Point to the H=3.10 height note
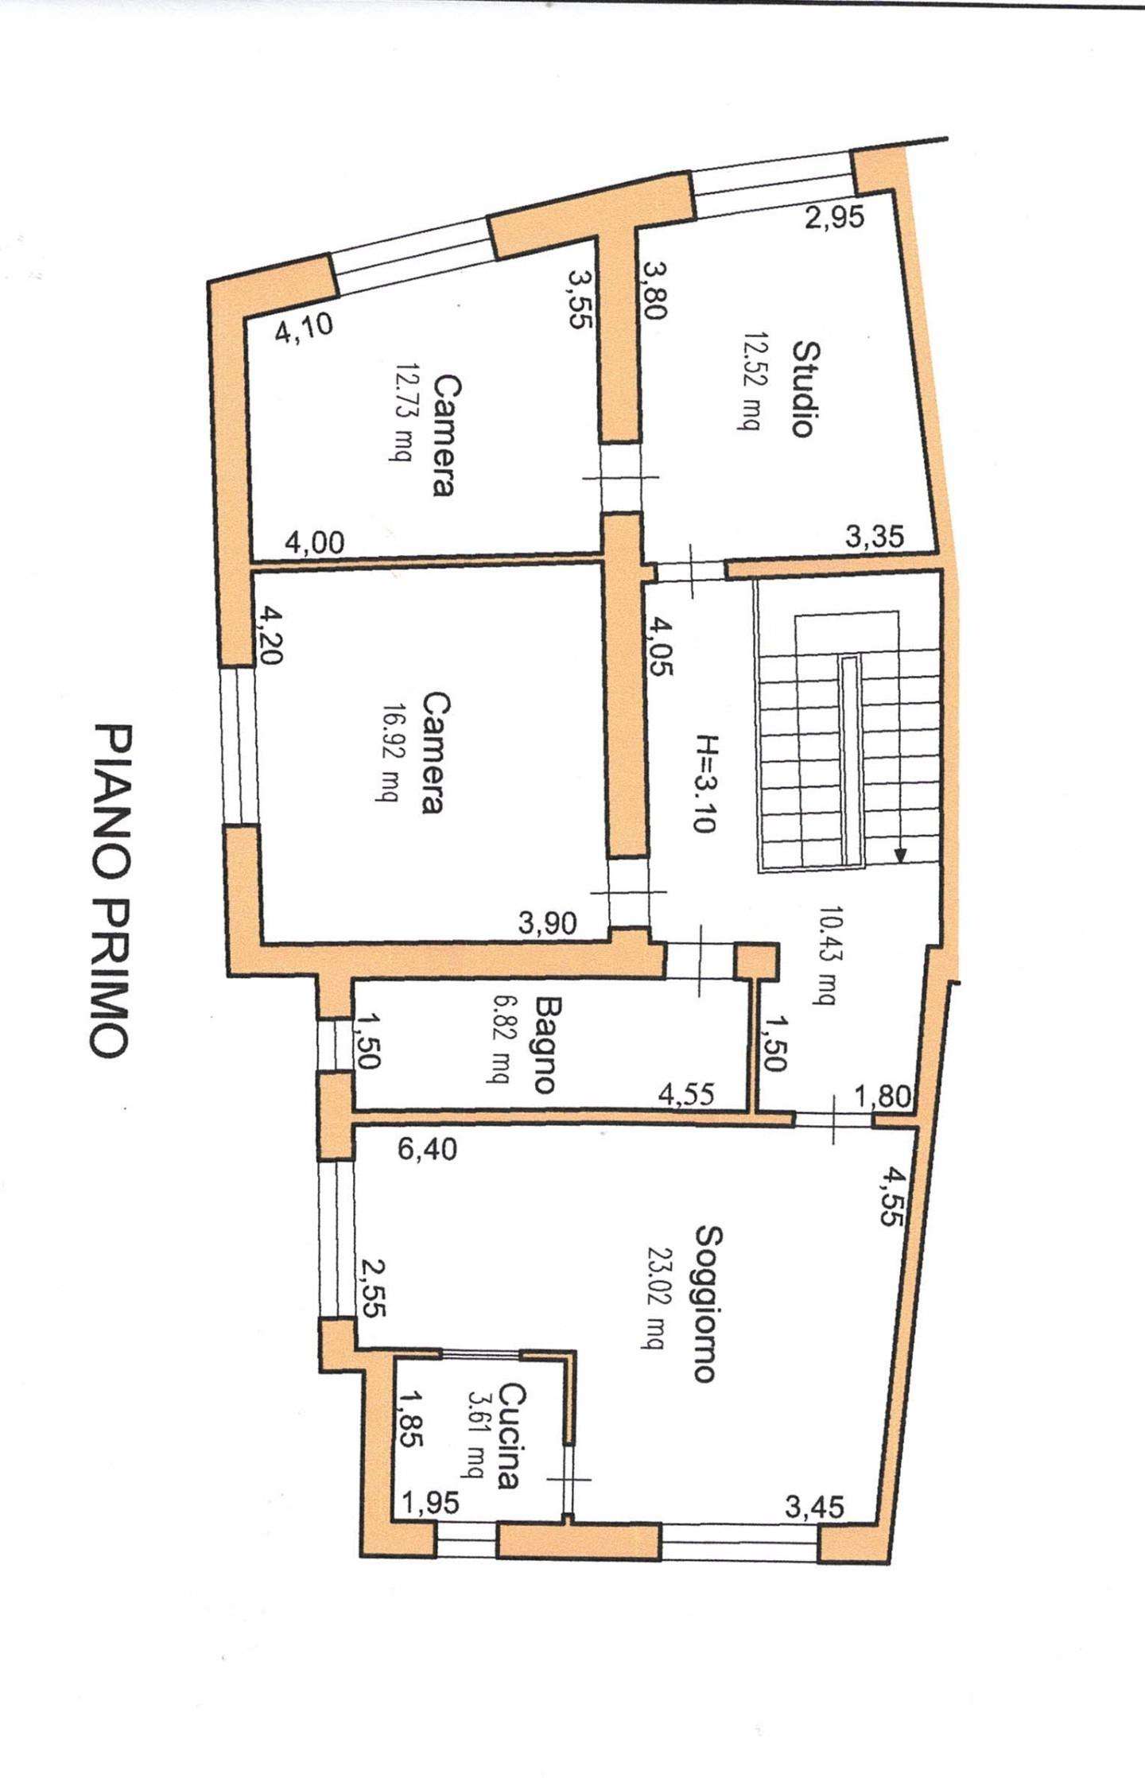click(x=704, y=783)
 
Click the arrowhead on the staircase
click(x=899, y=856)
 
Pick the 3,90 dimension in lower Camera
click(x=548, y=924)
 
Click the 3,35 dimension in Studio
click(x=875, y=538)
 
